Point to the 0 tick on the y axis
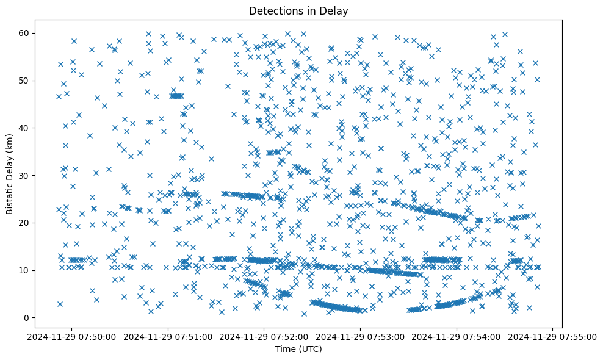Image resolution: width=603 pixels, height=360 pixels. [x=38, y=318]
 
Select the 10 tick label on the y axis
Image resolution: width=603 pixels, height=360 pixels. [x=35, y=270]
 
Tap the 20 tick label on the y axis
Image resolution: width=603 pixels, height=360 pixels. [x=35, y=223]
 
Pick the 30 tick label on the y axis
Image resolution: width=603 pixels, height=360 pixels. [x=35, y=175]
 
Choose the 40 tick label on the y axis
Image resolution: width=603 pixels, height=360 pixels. [x=35, y=128]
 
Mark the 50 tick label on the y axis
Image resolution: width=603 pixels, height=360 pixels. [x=35, y=81]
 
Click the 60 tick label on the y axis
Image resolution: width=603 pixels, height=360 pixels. [x=35, y=33]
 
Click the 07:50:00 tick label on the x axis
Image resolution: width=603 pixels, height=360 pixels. [x=72, y=337]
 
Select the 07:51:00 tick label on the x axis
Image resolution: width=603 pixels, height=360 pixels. [x=168, y=337]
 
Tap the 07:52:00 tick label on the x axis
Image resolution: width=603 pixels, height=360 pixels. [x=264, y=337]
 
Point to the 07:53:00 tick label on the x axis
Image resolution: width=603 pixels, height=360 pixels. [x=360, y=337]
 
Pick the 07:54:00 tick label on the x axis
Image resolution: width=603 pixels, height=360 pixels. [x=457, y=337]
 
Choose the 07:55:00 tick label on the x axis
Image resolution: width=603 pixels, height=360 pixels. [x=552, y=337]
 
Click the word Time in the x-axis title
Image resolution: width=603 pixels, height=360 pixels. [x=281, y=350]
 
